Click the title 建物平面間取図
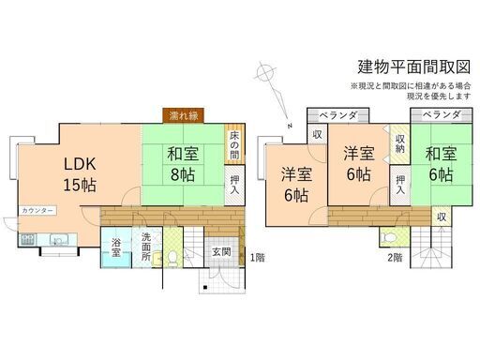pyautogui.click(x=413, y=67)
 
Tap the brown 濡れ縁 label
pyautogui.click(x=184, y=116)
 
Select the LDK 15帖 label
pyautogui.click(x=80, y=174)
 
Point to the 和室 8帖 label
pyautogui.click(x=183, y=164)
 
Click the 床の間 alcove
pyautogui.click(x=234, y=144)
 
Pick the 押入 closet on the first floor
pyautogui.click(x=234, y=185)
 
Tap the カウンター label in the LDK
pyautogui.click(x=37, y=211)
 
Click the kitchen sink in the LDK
pyautogui.click(x=59, y=240)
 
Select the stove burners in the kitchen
pyautogui.click(x=28, y=240)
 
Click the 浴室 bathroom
pyautogui.click(x=116, y=247)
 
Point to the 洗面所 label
pyautogui.click(x=146, y=247)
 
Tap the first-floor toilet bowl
pyautogui.click(x=172, y=258)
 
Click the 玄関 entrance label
pyautogui.click(x=221, y=252)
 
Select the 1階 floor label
pyautogui.click(x=258, y=258)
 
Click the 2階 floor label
pyautogui.click(x=395, y=258)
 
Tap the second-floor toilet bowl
pyautogui.click(x=388, y=237)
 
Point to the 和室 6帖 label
pyautogui.click(x=441, y=164)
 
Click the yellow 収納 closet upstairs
pyautogui.click(x=399, y=144)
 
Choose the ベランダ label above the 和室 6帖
pyautogui.click(x=442, y=115)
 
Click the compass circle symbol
pyautogui.click(x=265, y=73)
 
